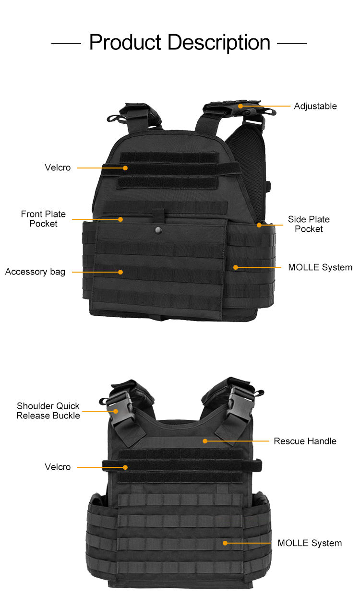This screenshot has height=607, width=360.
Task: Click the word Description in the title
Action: [x=219, y=43]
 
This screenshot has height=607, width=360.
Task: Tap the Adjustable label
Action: [x=315, y=106]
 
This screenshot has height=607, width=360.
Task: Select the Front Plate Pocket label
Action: [x=43, y=219]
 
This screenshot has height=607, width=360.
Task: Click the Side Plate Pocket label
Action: [x=309, y=224]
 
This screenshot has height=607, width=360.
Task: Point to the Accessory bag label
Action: [x=35, y=272]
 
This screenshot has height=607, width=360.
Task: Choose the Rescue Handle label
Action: [x=305, y=441]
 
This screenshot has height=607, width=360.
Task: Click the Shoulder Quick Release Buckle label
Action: [x=48, y=411]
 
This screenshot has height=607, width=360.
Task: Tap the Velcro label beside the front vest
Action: [x=58, y=167]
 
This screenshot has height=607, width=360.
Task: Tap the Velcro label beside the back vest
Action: [x=58, y=467]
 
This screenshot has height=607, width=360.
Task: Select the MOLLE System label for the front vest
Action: [x=320, y=267]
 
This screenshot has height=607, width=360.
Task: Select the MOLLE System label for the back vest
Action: [x=310, y=543]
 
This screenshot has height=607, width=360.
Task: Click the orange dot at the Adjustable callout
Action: [x=240, y=106]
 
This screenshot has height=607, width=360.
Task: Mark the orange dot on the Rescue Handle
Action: [x=205, y=440]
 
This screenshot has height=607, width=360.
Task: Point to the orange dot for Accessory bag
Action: [x=120, y=272]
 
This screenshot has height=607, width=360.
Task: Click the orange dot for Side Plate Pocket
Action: [x=259, y=225]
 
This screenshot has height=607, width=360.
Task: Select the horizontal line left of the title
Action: [x=66, y=43]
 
